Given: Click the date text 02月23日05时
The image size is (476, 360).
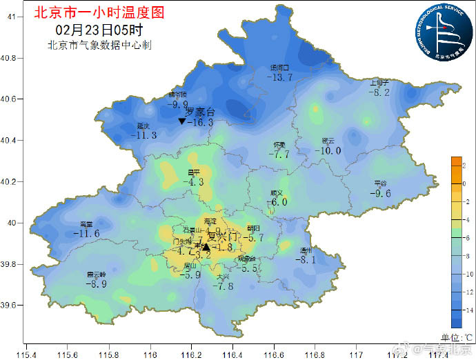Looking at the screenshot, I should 99,30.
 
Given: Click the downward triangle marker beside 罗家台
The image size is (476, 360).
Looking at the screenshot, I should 181,121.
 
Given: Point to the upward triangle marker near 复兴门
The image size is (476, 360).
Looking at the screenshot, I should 206,247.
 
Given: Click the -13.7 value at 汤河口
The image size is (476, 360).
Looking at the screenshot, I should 281,77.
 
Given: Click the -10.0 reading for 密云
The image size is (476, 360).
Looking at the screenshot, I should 328,150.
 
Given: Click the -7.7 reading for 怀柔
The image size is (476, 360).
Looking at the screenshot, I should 279,154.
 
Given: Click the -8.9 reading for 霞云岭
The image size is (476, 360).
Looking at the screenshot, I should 95,283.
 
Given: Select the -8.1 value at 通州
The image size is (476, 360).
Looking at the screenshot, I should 305,260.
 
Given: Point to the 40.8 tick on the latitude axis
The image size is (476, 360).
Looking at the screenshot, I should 10,58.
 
